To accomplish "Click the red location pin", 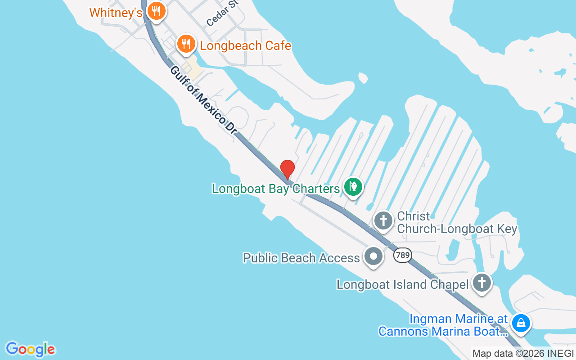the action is tap(288, 169).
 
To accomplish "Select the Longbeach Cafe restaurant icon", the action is tap(186, 44).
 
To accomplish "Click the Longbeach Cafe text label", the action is tap(245, 46).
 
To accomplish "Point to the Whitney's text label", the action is tap(116, 13).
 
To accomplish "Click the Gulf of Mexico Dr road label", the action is tap(203, 100).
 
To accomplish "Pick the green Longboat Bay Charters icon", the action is tap(354, 186).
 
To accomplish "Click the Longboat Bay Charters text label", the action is tap(276, 189).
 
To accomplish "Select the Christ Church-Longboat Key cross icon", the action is tap(383, 221).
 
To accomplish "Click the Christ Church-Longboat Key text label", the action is tap(457, 222).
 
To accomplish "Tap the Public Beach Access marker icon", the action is tap(373, 257).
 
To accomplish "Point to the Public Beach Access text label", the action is tap(301, 258).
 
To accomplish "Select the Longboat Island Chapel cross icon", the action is tap(482, 283).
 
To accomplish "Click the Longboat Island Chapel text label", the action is tap(404, 284).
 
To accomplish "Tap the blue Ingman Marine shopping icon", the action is tap(521, 323).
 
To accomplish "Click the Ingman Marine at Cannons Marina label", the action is tap(443, 325).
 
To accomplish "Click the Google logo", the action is tap(31, 349).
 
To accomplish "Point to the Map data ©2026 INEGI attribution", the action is tap(523, 354).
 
